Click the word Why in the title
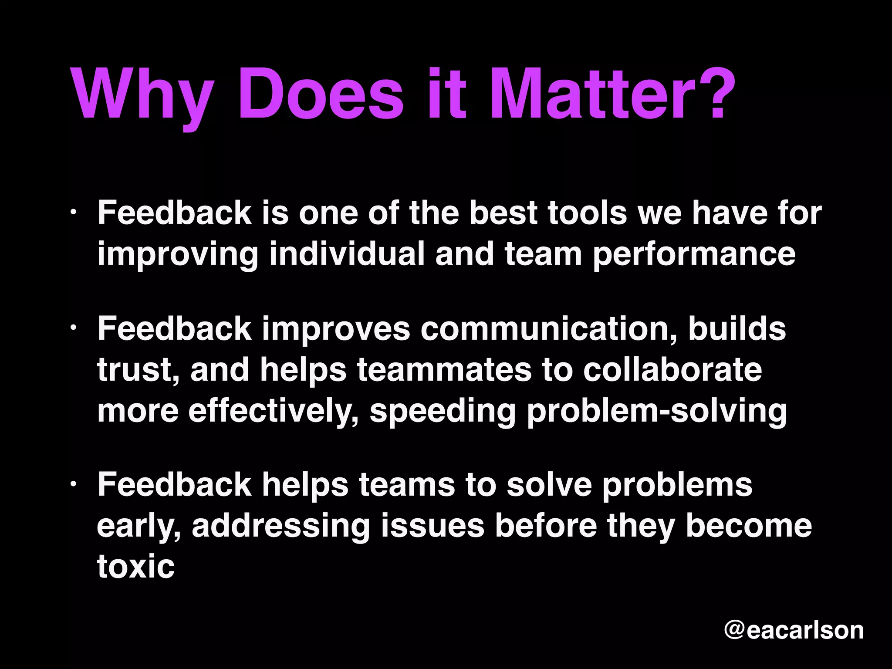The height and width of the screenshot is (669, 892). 142,94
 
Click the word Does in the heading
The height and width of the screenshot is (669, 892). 320,94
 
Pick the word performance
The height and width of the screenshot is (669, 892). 694,254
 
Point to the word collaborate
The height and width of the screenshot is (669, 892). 672,369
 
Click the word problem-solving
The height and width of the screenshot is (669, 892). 656,411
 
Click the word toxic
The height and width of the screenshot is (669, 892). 135,567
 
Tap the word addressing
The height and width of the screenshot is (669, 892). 280,526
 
